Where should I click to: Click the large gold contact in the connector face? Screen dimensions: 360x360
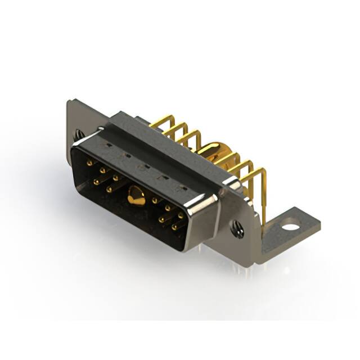coord(134,197)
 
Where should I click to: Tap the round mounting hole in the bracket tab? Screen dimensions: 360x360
coord(290,228)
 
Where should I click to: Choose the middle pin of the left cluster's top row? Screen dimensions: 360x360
coord(102,169)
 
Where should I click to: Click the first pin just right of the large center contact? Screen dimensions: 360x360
coord(154,200)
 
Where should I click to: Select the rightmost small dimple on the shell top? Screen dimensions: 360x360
coord(181,186)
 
